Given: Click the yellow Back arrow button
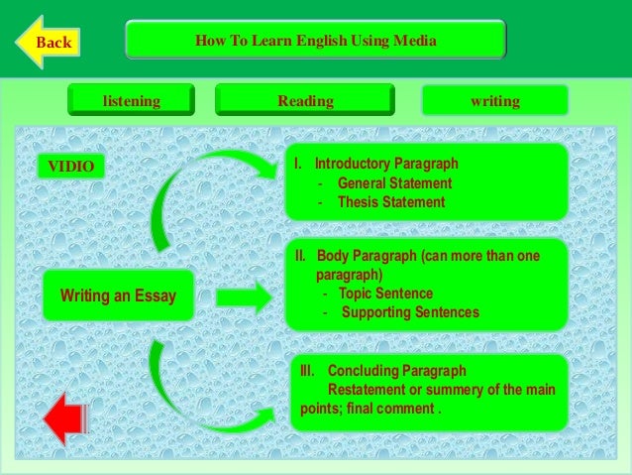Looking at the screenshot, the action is coord(47,42).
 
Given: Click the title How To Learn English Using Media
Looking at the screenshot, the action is coord(316,41).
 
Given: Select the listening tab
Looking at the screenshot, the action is coord(132,101).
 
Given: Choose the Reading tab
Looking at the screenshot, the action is coord(305,101).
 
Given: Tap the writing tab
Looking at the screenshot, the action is coord(494,101).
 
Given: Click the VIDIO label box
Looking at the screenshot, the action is coord(71,167).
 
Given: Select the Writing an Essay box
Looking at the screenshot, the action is coord(117,296).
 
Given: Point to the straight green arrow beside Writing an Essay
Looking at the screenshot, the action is coord(243,296).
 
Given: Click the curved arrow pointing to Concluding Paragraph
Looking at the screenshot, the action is coord(198,397).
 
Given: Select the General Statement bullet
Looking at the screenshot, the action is coord(394,183).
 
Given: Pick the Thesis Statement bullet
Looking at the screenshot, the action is coord(391,202).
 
